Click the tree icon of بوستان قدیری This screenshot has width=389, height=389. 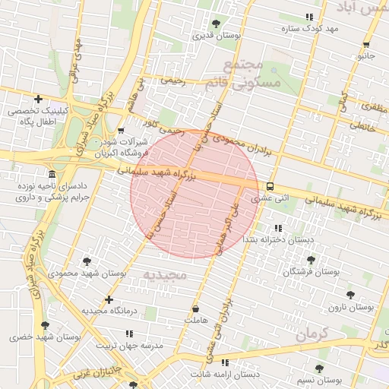217,24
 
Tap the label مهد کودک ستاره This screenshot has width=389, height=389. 288,30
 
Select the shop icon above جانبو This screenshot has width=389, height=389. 366,45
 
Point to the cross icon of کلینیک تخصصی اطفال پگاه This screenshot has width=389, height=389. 38,99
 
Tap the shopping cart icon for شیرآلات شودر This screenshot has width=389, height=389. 121,130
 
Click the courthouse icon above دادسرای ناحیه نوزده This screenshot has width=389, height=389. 52,174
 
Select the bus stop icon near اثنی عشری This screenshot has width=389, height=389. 270,186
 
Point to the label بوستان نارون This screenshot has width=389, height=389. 351,307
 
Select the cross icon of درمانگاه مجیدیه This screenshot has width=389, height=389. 109,299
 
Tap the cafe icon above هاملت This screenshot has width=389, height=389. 196,309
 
